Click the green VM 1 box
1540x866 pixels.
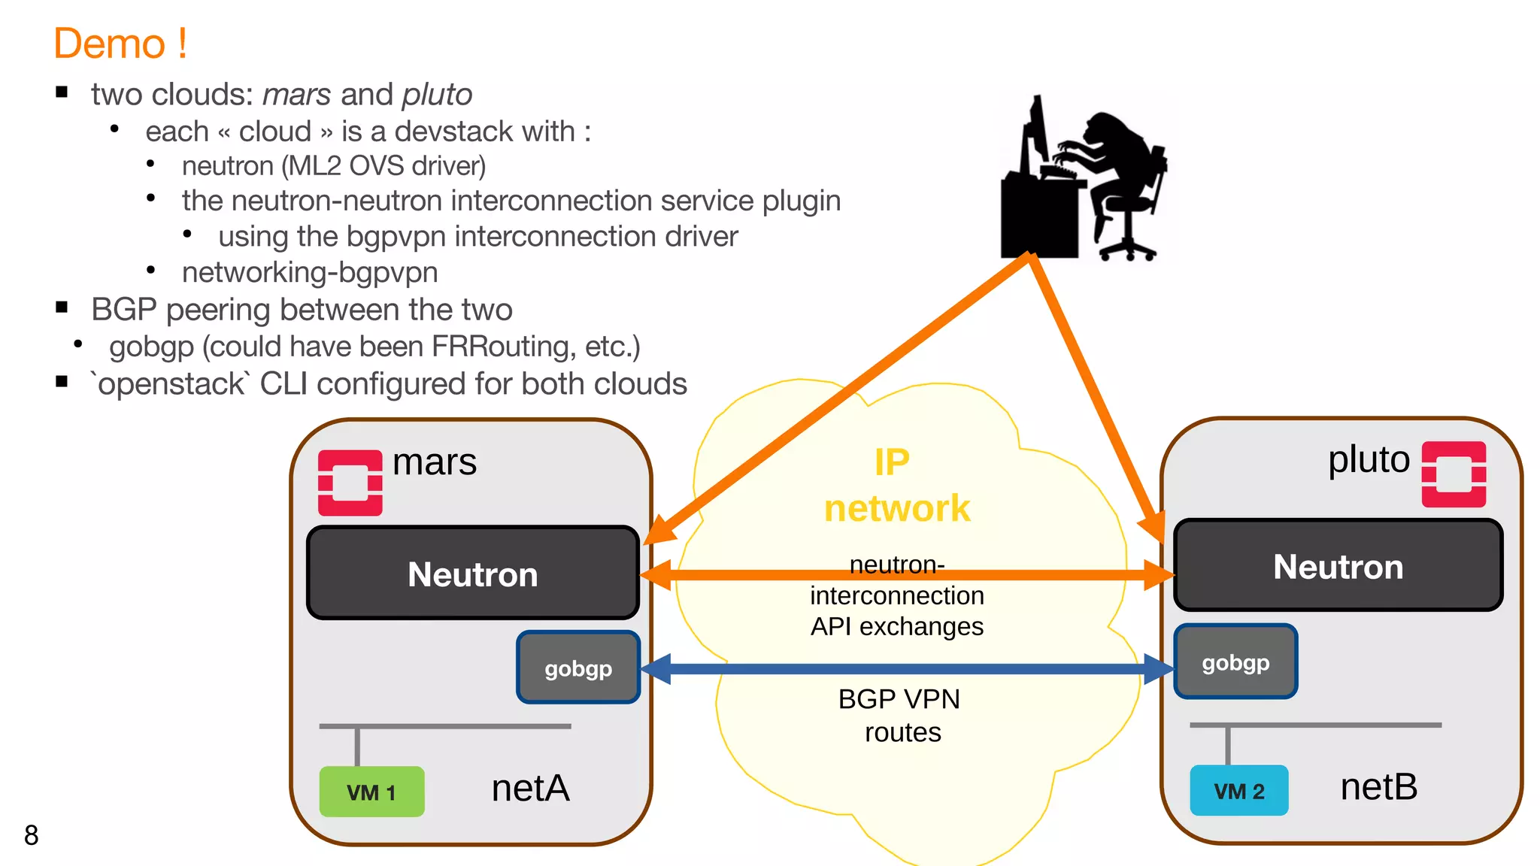pyautogui.click(x=371, y=792)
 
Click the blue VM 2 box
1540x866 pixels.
pyautogui.click(x=1238, y=791)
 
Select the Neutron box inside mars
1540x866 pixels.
pyautogui.click(x=472, y=574)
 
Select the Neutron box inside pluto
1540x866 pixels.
pyautogui.click(x=1338, y=566)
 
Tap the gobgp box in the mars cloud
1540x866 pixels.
pyautogui.click(x=577, y=668)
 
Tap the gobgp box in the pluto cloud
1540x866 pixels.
pyautogui.click(x=1235, y=662)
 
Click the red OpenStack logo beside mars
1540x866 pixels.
pyautogui.click(x=350, y=483)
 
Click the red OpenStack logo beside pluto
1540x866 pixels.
pyautogui.click(x=1454, y=474)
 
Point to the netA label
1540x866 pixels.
pyautogui.click(x=530, y=789)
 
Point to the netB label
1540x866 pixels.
pyautogui.click(x=1378, y=787)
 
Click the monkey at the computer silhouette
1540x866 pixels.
pyautogui.click(x=1083, y=180)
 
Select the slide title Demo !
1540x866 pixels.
pyautogui.click(x=120, y=44)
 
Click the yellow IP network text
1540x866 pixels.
pyautogui.click(x=896, y=486)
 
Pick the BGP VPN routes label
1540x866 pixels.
pyautogui.click(x=900, y=715)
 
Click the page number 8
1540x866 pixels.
pyautogui.click(x=31, y=835)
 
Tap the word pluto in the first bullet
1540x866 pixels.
pyautogui.click(x=436, y=95)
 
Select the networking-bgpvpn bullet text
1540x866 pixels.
pyautogui.click(x=309, y=272)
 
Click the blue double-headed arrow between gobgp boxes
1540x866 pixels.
pyautogui.click(x=906, y=668)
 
